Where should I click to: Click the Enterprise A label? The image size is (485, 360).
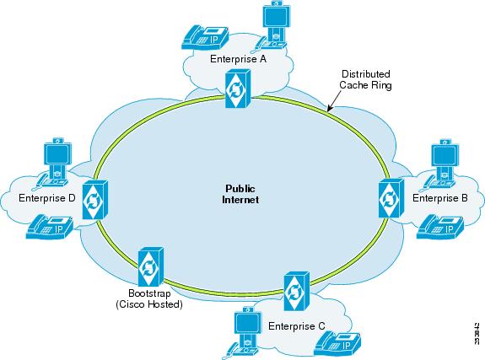238,59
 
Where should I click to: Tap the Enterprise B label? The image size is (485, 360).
439,198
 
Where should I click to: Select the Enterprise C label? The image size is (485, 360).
297,326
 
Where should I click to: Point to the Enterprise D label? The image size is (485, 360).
47,198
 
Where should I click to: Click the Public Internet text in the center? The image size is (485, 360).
240,194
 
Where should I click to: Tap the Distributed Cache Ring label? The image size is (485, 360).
365,79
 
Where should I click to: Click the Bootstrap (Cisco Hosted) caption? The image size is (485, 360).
149,298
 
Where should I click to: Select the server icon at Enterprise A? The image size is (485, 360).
238,89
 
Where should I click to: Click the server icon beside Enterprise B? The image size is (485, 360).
391,198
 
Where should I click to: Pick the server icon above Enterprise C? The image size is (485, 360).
297,291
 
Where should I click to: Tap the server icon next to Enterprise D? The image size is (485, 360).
95,200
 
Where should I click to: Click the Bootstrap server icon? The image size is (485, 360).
151,267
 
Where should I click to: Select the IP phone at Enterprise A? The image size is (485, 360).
205,37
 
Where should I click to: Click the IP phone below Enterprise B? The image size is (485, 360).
440,227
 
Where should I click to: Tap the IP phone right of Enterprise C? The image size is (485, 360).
337,344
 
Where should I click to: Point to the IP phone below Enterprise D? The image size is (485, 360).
50,227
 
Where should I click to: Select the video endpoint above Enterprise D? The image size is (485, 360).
52,164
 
